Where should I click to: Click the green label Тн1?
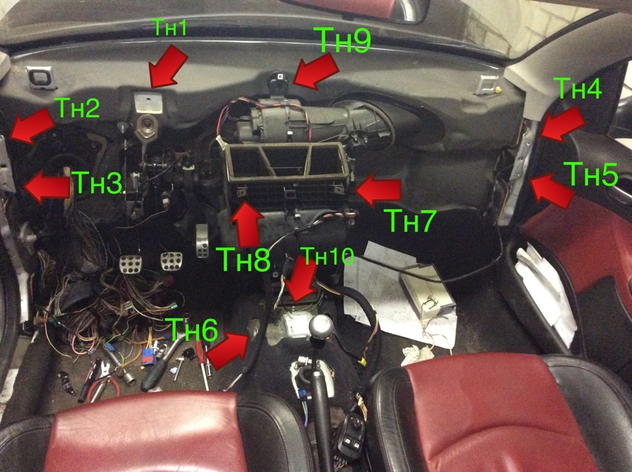pos(171,28)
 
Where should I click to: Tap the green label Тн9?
pos(344,39)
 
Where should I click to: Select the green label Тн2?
pos(79,107)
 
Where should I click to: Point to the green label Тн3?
pos(98,182)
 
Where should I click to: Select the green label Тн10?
pos(327,255)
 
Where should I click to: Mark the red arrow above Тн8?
pos(247,223)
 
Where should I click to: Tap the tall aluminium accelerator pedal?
pos(202,240)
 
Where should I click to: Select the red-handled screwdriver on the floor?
pos(202,365)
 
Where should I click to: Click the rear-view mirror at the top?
pos(363,9)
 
